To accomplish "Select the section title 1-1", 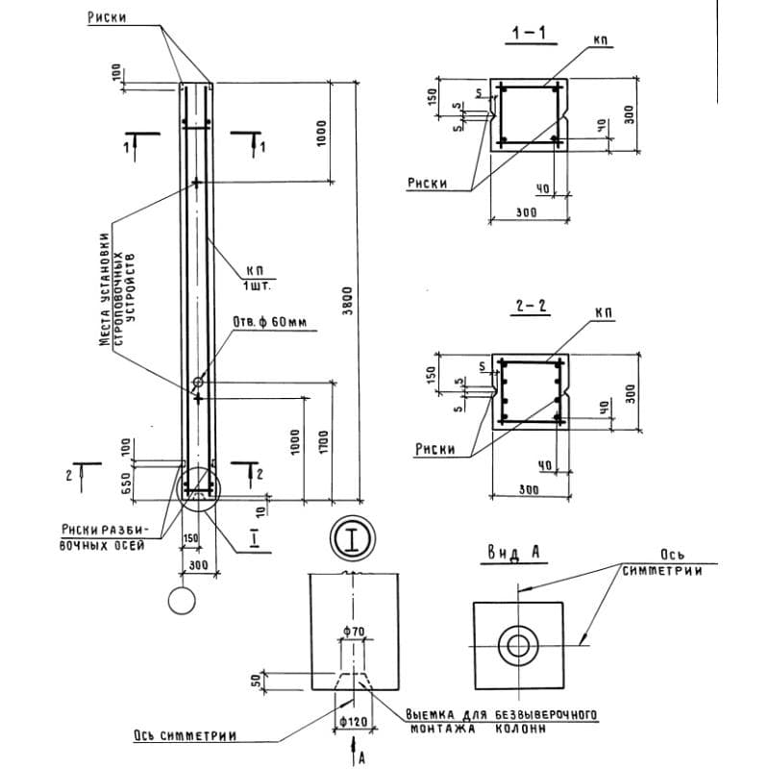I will (530, 35).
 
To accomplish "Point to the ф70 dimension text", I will (353, 631).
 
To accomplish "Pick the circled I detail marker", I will (353, 538).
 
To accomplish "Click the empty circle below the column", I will (182, 601).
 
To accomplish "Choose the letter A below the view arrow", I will (361, 757).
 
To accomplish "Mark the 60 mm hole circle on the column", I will (197, 383).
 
